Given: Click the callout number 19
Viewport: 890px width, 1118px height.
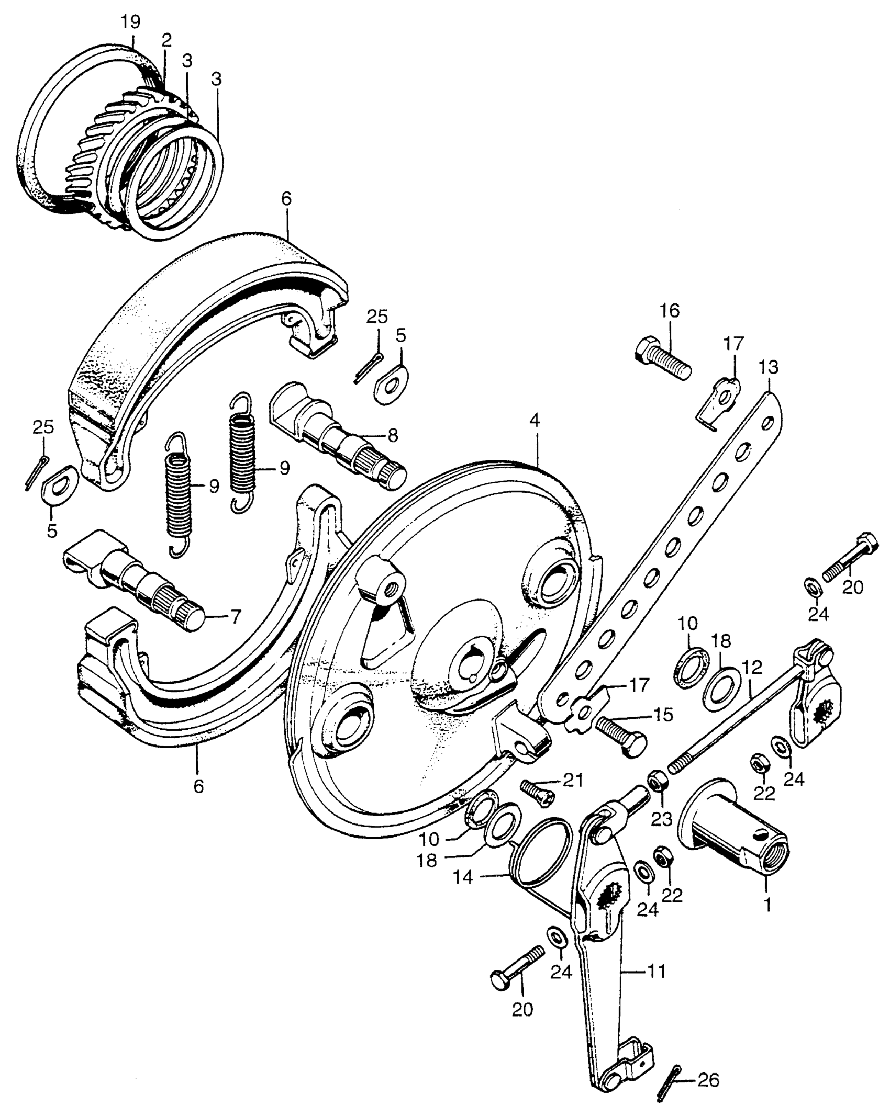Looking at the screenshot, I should pos(130,22).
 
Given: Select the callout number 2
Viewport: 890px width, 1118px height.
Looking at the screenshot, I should pos(166,41).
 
